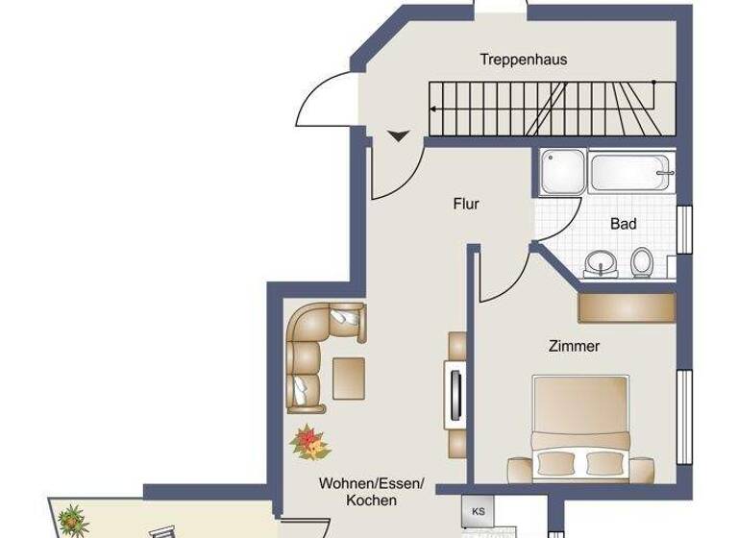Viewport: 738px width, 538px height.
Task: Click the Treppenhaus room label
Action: coord(523,60)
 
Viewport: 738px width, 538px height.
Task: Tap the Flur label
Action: coord(466,204)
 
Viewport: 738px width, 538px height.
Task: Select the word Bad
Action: coord(623,224)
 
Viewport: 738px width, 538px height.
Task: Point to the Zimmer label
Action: coord(574,346)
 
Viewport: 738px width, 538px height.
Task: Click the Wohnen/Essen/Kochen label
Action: coord(371,492)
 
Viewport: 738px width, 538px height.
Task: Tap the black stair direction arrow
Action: coord(399,135)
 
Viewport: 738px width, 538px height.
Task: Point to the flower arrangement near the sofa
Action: coord(309,443)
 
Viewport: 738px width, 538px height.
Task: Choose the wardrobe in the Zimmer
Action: coord(626,307)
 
